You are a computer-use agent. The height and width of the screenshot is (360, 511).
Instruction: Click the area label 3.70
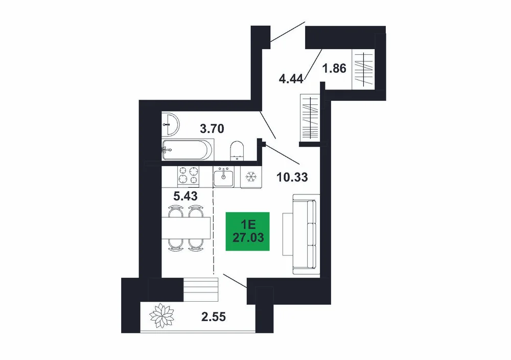[x=212, y=129]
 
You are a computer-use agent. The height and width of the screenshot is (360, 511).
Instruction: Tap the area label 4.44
[x=291, y=79]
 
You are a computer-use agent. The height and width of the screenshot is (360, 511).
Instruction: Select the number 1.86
[x=334, y=69]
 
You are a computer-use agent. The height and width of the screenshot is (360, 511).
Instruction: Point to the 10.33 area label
[x=292, y=177]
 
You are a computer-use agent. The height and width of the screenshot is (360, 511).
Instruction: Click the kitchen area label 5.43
[x=185, y=196]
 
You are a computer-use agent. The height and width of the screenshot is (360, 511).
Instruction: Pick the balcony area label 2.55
[x=214, y=317]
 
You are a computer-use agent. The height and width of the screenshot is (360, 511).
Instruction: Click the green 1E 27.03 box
[x=248, y=231]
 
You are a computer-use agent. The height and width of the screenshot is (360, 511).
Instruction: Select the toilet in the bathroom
[x=237, y=151]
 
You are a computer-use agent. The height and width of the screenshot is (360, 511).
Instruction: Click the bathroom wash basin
[x=170, y=124]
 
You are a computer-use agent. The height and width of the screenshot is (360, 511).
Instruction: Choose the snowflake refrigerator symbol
[x=251, y=177]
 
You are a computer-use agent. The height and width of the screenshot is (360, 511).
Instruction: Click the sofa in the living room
[x=306, y=234]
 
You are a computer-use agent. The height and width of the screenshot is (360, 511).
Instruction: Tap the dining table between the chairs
[x=186, y=228]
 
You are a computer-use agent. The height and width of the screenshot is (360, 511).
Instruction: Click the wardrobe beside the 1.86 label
[x=364, y=69]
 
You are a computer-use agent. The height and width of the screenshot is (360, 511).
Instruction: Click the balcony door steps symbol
[x=200, y=289]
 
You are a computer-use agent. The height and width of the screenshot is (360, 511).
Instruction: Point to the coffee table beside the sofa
[x=287, y=234]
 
